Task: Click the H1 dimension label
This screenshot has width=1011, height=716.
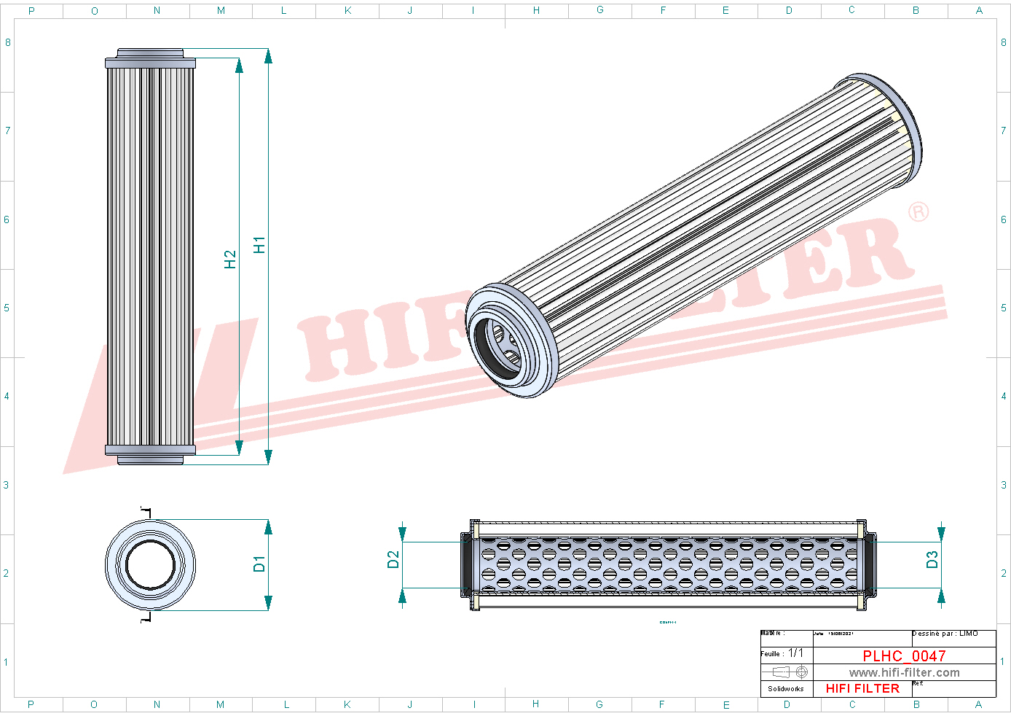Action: coord(259,245)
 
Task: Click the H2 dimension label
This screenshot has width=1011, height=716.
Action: coord(230,260)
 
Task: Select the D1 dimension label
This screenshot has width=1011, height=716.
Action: coord(259,564)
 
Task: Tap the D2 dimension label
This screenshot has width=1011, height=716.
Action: coord(393,559)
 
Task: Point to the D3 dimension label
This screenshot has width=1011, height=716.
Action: coord(932,559)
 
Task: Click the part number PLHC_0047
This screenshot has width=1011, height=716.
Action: coord(904,656)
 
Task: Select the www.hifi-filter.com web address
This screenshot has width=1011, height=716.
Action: coord(904,673)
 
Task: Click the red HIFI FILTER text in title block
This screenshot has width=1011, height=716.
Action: coord(862,688)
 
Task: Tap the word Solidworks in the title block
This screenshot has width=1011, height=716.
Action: coord(786,689)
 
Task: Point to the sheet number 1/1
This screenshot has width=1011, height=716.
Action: coord(796,653)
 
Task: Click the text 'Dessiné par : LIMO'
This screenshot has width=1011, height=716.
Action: coord(945,634)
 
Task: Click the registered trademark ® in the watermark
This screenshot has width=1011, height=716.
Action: coord(918,212)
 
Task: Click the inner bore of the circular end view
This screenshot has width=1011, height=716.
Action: coord(150,565)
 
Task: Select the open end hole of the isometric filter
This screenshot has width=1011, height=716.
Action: coord(497,348)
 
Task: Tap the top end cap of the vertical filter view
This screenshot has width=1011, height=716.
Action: coord(150,58)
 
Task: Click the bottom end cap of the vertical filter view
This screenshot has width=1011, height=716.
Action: coord(150,454)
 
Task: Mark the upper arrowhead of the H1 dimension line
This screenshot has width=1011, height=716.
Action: coord(268,56)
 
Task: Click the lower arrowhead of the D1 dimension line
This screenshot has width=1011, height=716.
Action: coord(268,603)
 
